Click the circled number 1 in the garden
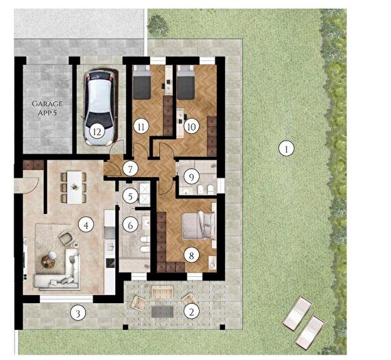pos(286,149)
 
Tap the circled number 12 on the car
pos(97,132)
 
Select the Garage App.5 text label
pos(47,108)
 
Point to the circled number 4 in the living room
pos(86,226)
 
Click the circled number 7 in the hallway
pos(130,169)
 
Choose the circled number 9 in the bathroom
pos(191,177)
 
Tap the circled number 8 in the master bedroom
pos(191,255)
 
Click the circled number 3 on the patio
pos(78,313)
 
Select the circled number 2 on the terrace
pos(191,311)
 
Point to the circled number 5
pos(130,196)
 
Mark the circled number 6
pos(130,226)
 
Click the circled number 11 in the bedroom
pos(141,127)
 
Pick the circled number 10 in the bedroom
pos(191,127)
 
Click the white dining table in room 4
pos(74,187)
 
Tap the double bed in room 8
pos(198,226)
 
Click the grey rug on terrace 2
pos(163,311)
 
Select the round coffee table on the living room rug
pos(47,262)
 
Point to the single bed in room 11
pos(141,82)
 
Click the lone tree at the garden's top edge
pos(158,25)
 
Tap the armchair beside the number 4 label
pos(66,237)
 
